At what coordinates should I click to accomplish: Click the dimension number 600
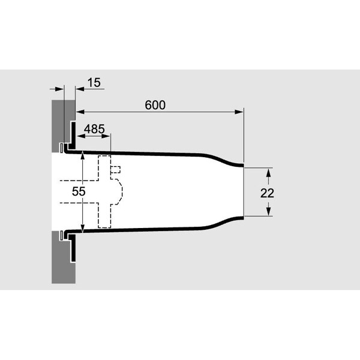(x=155, y=105)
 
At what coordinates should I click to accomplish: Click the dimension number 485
(x=94, y=129)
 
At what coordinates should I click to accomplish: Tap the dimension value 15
(x=94, y=82)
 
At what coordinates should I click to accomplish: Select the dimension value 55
(x=79, y=191)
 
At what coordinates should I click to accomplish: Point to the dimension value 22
(x=267, y=193)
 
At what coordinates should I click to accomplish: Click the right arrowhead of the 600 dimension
(x=239, y=112)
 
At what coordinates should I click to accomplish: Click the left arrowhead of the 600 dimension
(x=80, y=112)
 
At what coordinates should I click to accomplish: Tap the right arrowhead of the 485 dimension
(x=106, y=136)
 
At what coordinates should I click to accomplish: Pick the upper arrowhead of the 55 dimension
(x=83, y=156)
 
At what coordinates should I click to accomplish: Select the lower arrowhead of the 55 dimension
(x=83, y=228)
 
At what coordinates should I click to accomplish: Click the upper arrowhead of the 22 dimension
(x=269, y=172)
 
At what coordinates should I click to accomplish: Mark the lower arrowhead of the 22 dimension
(x=269, y=211)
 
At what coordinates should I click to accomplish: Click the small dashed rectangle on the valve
(x=115, y=169)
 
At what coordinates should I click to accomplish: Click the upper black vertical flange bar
(x=73, y=135)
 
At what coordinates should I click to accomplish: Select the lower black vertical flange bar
(x=73, y=248)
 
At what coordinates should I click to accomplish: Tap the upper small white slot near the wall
(x=62, y=148)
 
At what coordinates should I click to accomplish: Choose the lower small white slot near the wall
(x=62, y=235)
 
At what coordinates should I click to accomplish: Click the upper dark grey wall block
(x=60, y=124)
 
